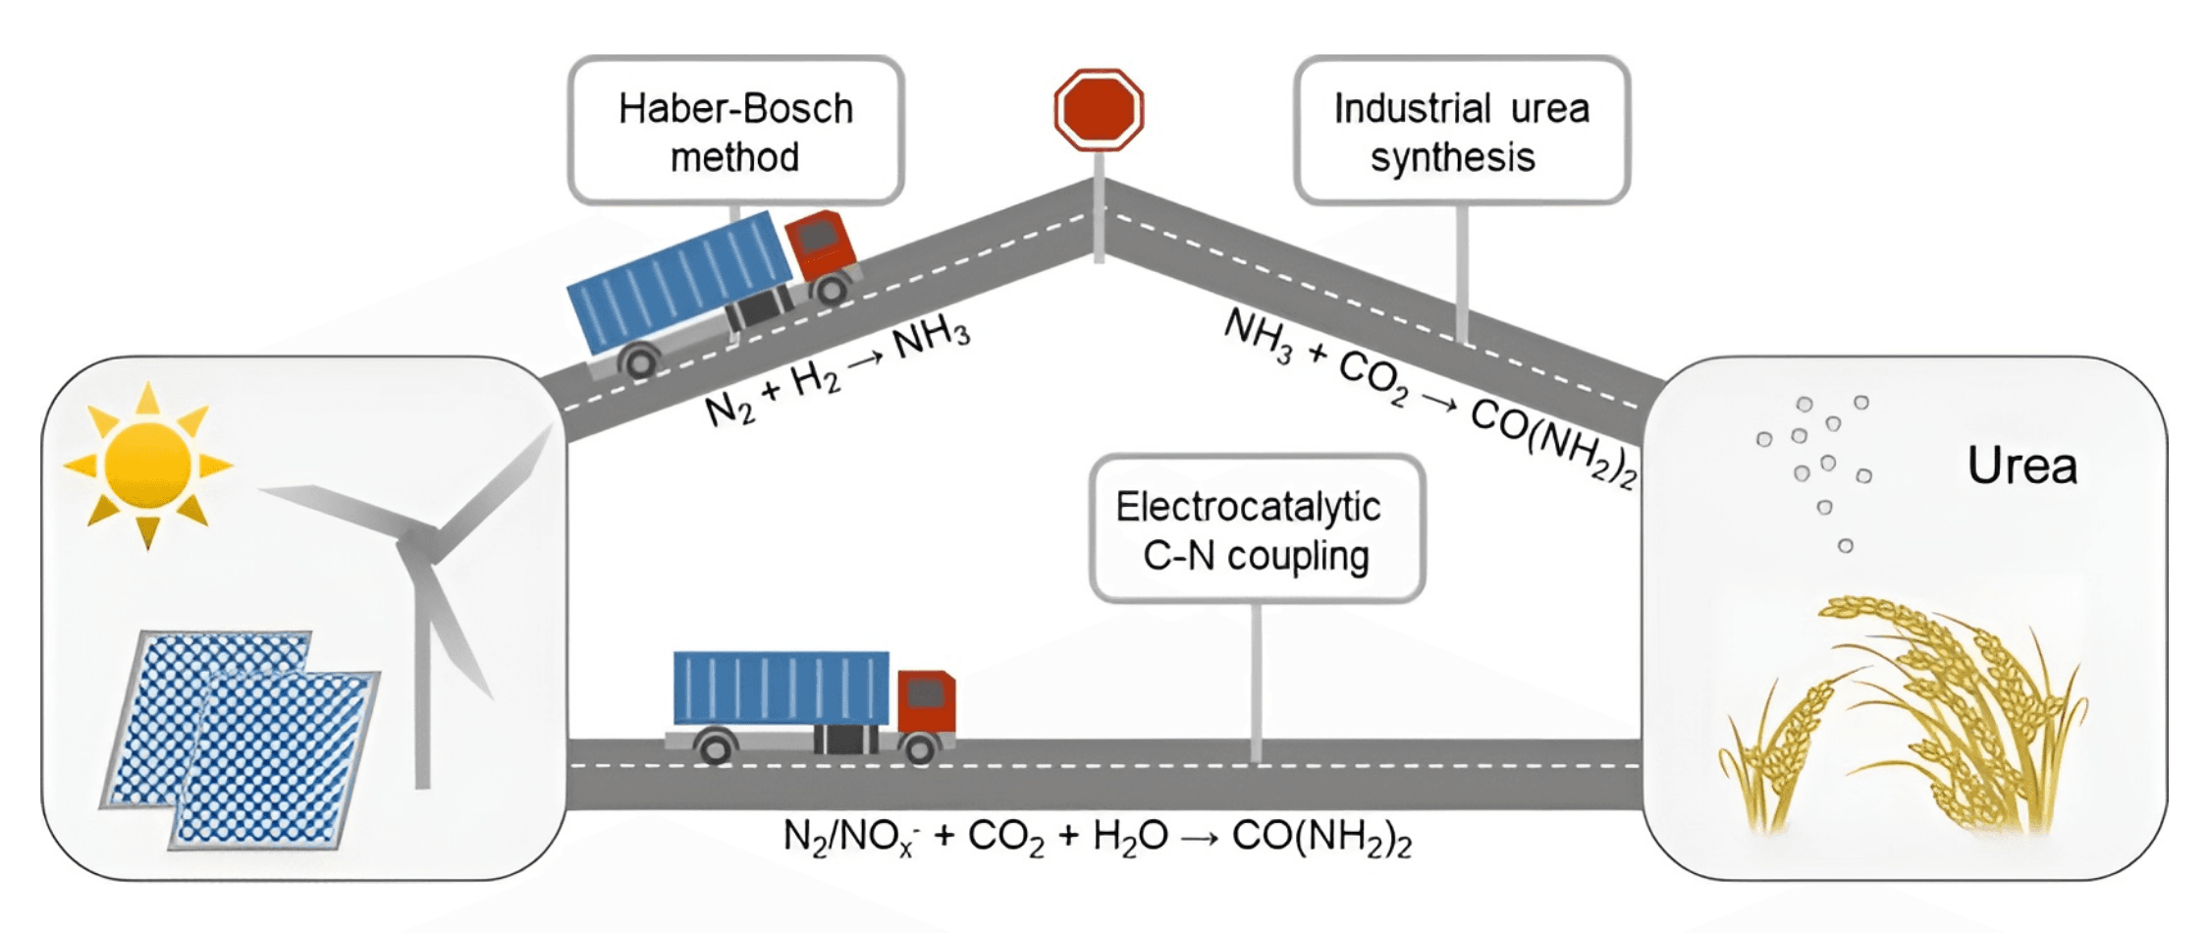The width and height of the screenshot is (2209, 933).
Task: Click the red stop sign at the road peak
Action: (x=1099, y=109)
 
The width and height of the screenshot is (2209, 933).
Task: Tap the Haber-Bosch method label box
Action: (x=735, y=131)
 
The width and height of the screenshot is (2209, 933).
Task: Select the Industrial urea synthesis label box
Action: (x=1461, y=131)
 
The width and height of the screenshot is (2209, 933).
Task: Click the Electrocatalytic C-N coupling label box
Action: (x=1256, y=529)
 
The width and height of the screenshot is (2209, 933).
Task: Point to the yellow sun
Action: (x=147, y=465)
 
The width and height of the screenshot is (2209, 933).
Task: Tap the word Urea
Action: (x=2021, y=466)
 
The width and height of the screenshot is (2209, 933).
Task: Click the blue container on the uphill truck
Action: (x=680, y=280)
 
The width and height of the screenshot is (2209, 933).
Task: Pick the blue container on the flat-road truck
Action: (x=781, y=687)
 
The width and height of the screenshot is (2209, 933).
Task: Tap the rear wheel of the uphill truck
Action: (x=640, y=362)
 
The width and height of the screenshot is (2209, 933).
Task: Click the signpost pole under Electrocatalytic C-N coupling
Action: (x=1256, y=678)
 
